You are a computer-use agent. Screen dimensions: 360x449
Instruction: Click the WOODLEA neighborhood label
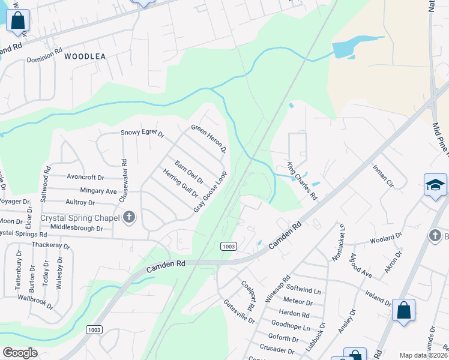85,56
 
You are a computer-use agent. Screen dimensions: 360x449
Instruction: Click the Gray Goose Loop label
210,191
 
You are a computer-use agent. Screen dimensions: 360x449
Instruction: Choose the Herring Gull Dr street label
180,183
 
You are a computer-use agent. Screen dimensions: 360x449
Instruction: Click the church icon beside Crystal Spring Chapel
128,217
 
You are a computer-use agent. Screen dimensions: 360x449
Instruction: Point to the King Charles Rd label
301,181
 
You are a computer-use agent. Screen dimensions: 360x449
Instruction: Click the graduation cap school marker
435,184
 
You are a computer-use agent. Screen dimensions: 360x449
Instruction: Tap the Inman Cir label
382,176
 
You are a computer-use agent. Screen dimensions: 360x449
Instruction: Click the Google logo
20,353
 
